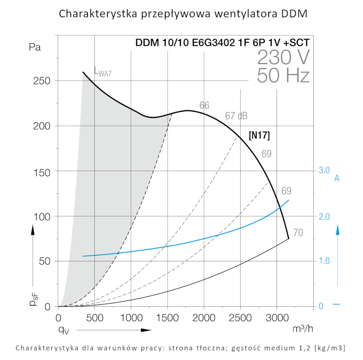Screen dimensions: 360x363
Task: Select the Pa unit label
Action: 35,47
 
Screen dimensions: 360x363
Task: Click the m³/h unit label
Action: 302,329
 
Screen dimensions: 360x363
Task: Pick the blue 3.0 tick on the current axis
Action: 323,170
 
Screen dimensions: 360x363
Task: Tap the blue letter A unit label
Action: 337,178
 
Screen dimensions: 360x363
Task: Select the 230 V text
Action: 284,57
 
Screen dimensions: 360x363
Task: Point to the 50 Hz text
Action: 283,76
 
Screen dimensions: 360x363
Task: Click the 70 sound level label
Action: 298,233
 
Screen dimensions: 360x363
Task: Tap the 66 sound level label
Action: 204,105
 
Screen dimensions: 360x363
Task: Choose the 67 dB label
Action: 236,116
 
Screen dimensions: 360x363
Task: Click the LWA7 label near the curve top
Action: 103,71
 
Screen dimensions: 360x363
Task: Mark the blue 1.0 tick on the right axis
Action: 323,261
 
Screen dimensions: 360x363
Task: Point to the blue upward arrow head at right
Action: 337,229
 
